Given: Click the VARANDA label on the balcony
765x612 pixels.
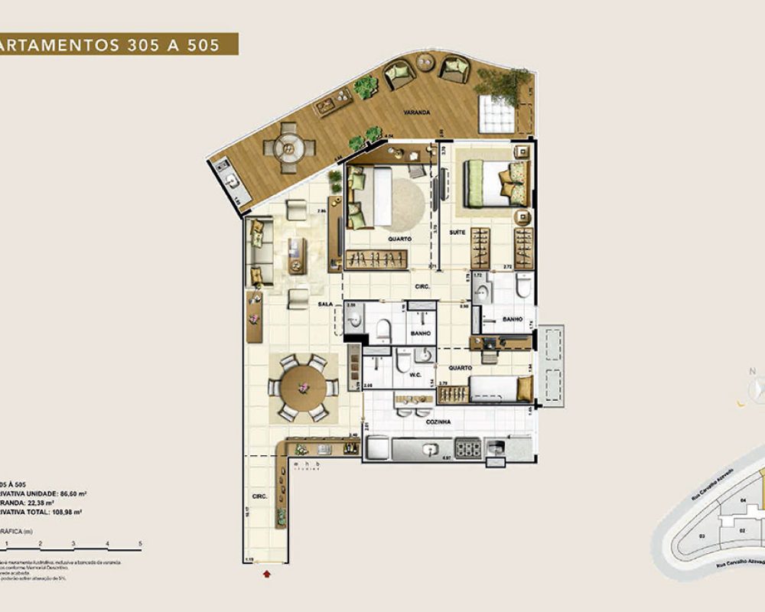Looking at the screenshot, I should (418, 112).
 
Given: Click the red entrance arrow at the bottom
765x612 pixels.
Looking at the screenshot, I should (265, 571).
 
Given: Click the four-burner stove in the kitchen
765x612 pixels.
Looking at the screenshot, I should (467, 449).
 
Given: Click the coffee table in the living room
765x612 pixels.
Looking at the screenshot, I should (296, 254).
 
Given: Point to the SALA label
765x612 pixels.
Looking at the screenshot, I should (325, 304).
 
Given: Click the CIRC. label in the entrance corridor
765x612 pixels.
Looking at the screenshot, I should (259, 497).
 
